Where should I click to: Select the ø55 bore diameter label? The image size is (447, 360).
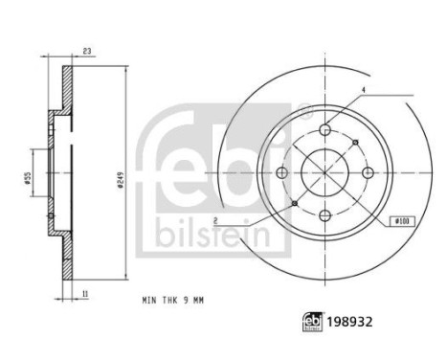pos(29,172)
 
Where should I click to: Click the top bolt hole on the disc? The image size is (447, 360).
pos(324,129)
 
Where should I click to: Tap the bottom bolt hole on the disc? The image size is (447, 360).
pos(324,214)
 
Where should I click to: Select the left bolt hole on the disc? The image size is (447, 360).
pos(281,172)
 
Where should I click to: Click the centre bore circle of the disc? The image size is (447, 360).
pos(324,172)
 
